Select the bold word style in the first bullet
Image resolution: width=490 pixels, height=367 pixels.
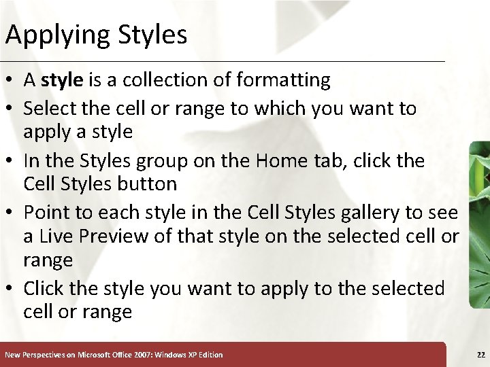(x=62, y=80)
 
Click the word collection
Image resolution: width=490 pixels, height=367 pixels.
(x=171, y=80)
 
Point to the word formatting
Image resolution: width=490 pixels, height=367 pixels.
(x=284, y=80)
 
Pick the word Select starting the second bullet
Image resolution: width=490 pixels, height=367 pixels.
(x=52, y=108)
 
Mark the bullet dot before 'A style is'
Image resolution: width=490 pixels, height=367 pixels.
(x=12, y=81)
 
